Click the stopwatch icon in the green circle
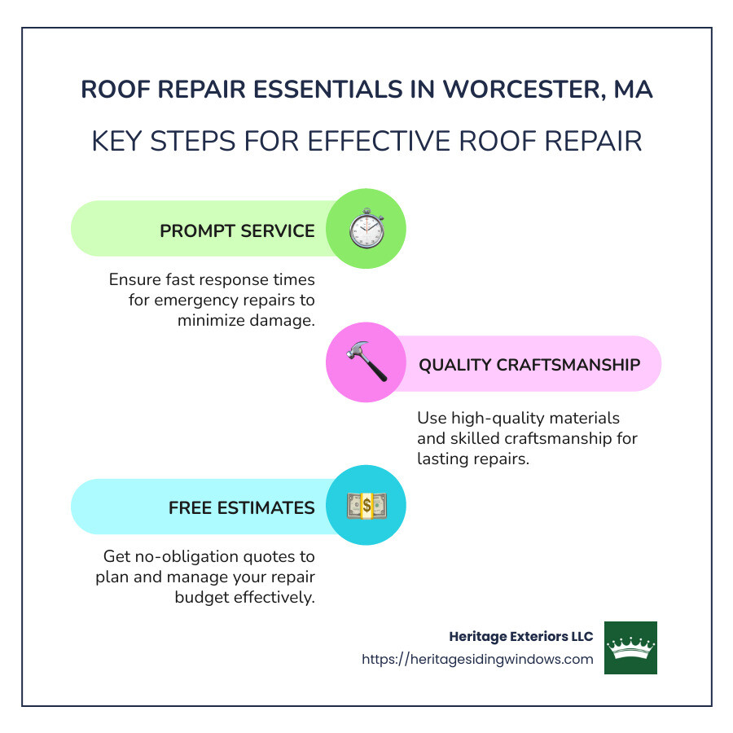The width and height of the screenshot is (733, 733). pos(366,229)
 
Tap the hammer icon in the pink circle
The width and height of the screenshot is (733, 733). pos(366,362)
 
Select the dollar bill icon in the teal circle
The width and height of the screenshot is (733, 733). pos(366,506)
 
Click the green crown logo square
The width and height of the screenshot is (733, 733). pos(630,647)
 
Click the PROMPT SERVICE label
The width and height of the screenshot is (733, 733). pos(237,230)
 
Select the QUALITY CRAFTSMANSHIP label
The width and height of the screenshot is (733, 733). pos(529,364)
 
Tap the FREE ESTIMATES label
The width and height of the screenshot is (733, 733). pos(241,507)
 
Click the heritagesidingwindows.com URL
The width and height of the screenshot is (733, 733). pos(477,660)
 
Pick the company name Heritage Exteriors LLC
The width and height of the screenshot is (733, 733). pos(521,637)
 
